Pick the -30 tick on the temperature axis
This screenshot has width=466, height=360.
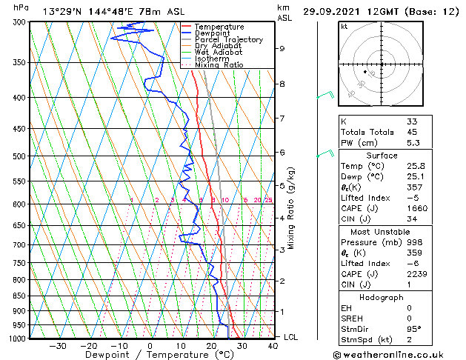(x=58, y=346)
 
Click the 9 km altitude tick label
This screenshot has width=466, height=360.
(x=282, y=48)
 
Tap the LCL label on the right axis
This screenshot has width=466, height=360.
(x=292, y=337)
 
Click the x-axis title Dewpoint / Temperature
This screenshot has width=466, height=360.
(x=150, y=355)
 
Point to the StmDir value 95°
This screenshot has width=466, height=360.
(x=414, y=329)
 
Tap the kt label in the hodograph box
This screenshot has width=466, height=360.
(x=344, y=27)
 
